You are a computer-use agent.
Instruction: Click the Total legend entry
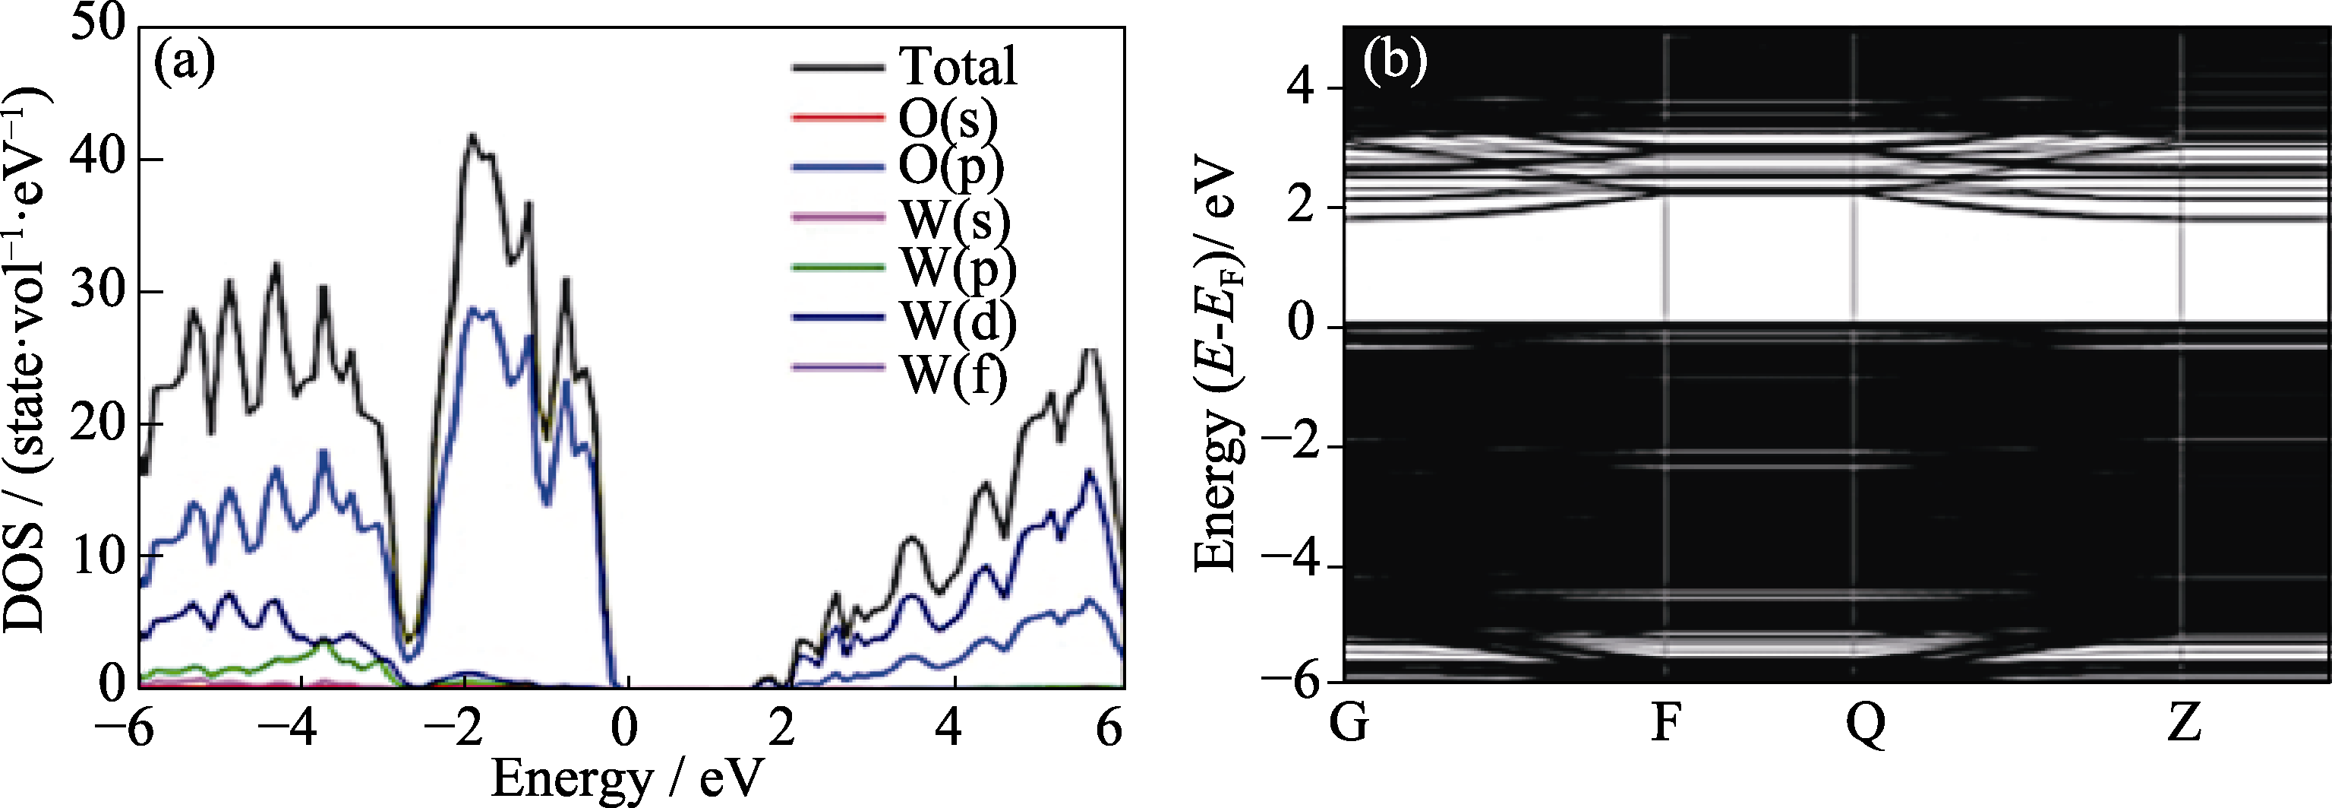tap(957, 66)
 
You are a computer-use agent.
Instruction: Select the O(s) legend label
tap(948, 118)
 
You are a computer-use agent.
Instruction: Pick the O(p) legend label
tap(951, 166)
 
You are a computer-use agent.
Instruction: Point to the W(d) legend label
tap(957, 318)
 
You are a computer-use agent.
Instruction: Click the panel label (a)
tap(185, 63)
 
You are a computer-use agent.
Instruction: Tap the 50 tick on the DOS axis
tap(99, 24)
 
